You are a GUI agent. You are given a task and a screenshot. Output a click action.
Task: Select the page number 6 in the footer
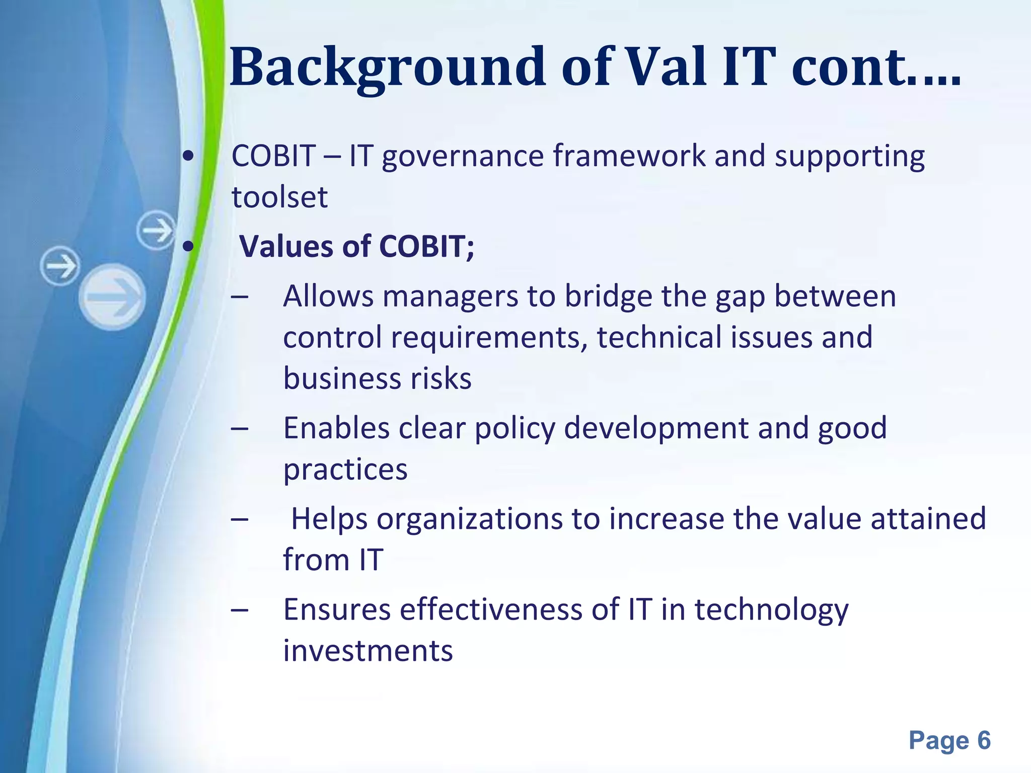coord(984,741)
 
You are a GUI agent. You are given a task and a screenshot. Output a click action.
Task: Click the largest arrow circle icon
coord(112,297)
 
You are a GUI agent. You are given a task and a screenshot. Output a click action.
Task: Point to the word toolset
coord(279,197)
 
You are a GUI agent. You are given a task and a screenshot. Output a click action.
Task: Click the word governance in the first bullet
coord(463,157)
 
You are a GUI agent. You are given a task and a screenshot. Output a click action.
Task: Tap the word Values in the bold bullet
coord(286,247)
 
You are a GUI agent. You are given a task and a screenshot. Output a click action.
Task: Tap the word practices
coord(345,470)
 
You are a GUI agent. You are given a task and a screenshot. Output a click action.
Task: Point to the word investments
coord(368,651)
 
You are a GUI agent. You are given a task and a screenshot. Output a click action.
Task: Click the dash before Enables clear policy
coord(240,429)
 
